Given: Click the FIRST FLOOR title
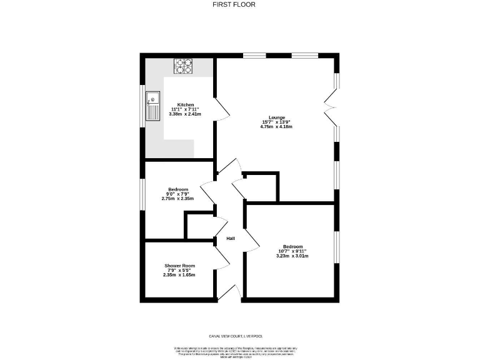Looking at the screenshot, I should [239, 4].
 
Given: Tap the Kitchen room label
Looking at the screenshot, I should [186, 104].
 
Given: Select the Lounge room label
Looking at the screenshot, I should [277, 117].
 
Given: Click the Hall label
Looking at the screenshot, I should [231, 239].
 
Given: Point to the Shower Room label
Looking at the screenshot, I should [179, 266].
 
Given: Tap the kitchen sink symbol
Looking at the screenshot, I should [152, 106].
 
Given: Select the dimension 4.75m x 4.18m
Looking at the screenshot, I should [277, 127].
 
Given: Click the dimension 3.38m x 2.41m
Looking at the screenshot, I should [186, 114].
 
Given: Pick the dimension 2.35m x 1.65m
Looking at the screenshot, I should [179, 275].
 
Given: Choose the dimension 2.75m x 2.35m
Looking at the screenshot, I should [178, 199].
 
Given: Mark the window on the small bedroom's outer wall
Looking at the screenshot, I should [142, 193].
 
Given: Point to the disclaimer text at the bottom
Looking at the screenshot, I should [239, 351].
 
